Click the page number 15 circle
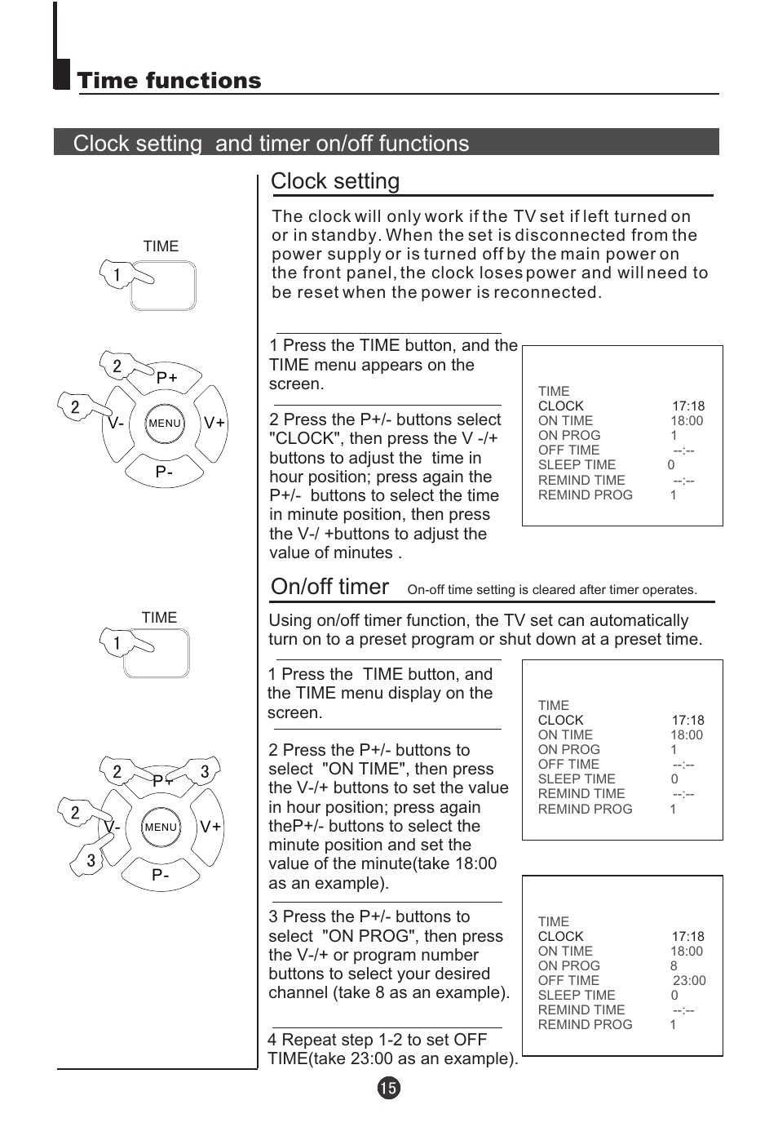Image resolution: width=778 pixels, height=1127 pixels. click(389, 1088)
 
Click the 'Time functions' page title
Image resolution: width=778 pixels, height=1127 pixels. click(169, 81)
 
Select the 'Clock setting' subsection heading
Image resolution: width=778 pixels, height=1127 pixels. click(335, 181)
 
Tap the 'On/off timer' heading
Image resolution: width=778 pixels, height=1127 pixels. click(329, 587)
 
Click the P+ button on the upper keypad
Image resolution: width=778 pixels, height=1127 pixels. click(167, 378)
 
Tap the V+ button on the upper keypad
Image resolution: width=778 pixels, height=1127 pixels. click(214, 423)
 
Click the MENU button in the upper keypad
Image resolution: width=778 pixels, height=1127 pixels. click(165, 423)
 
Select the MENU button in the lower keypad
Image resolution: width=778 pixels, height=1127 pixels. click(161, 827)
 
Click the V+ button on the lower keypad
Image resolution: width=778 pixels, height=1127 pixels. click(210, 827)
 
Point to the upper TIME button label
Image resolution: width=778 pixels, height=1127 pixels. click(161, 246)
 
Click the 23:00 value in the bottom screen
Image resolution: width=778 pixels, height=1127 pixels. click(689, 981)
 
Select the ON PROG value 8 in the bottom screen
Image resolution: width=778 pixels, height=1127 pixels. click(674, 966)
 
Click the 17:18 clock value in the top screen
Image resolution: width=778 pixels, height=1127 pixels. click(688, 406)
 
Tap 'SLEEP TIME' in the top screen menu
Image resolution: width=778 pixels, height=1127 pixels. click(577, 465)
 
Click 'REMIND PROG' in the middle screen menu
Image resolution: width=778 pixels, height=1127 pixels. click(585, 810)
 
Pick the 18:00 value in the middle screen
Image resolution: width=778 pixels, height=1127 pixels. click(687, 735)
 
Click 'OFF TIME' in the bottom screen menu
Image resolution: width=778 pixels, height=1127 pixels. click(568, 981)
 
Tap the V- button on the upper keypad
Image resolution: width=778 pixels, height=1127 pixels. click(116, 423)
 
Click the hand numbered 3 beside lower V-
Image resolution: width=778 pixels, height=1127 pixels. click(90, 861)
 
